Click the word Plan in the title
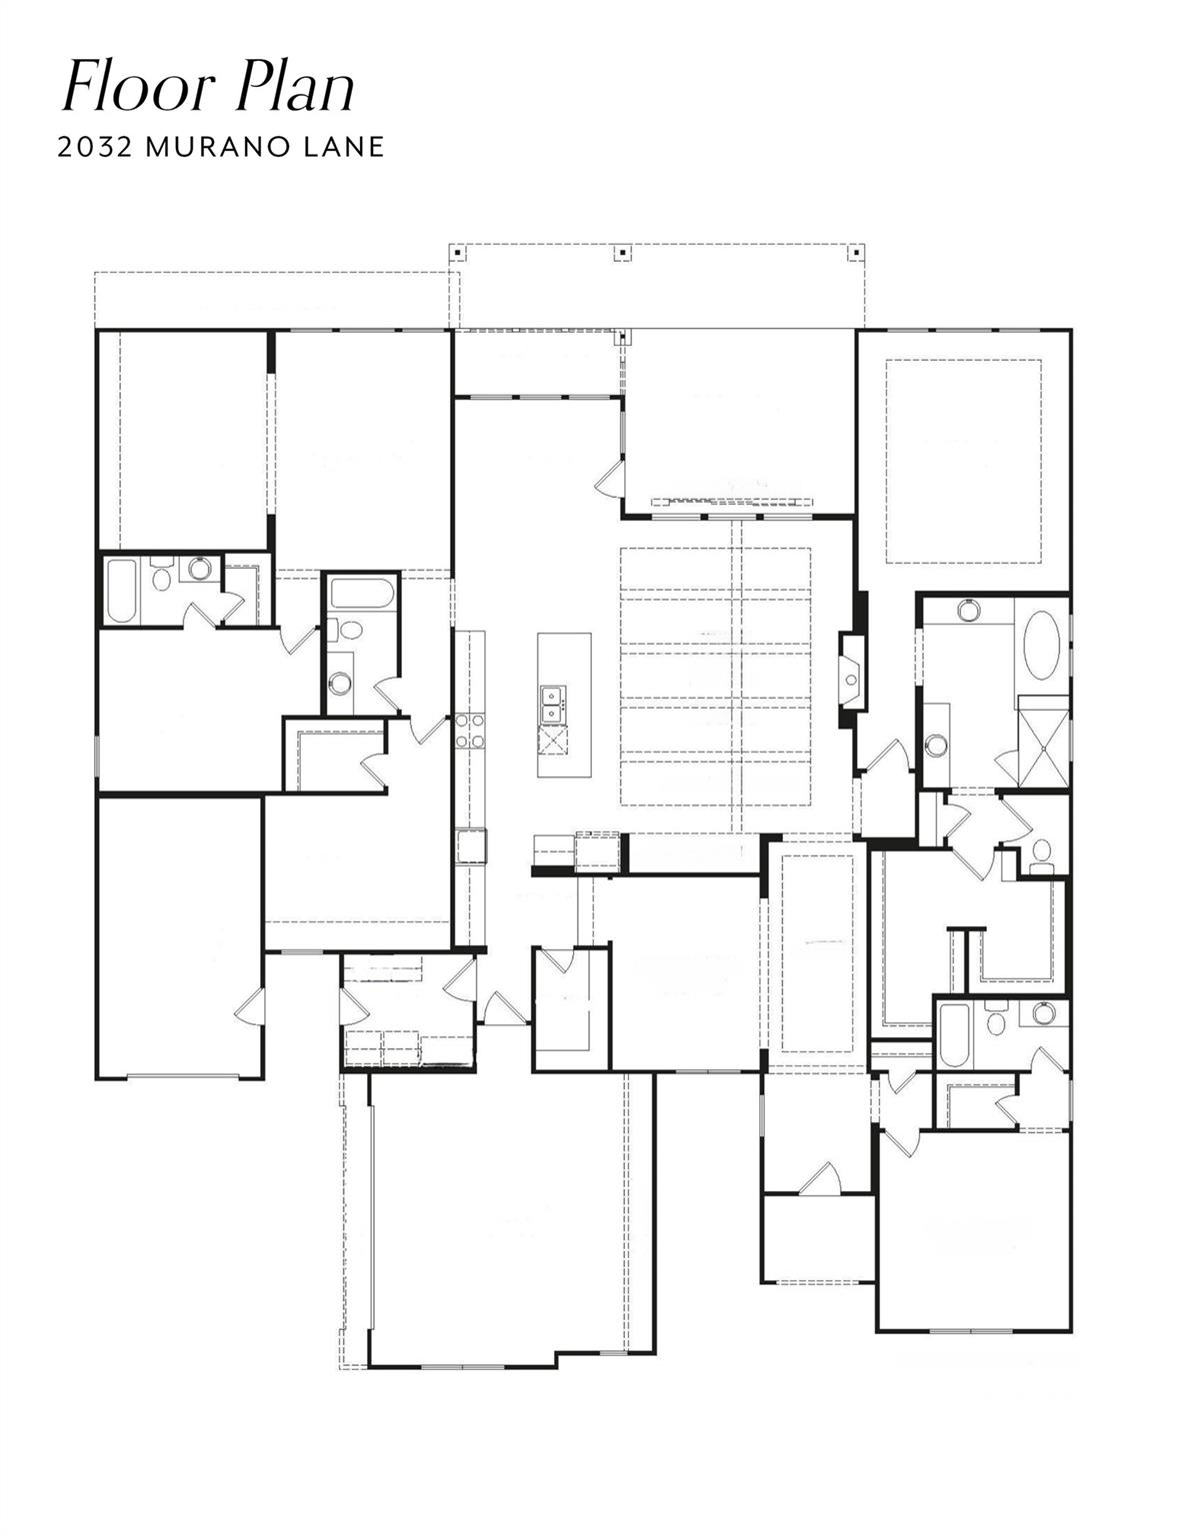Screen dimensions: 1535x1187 (295, 87)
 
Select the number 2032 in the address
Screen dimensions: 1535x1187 (95, 147)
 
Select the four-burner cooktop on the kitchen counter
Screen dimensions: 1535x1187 (469, 730)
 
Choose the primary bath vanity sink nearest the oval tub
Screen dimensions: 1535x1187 (967, 609)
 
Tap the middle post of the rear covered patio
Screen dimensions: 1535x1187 (622, 251)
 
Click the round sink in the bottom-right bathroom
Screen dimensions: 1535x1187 (1044, 1013)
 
